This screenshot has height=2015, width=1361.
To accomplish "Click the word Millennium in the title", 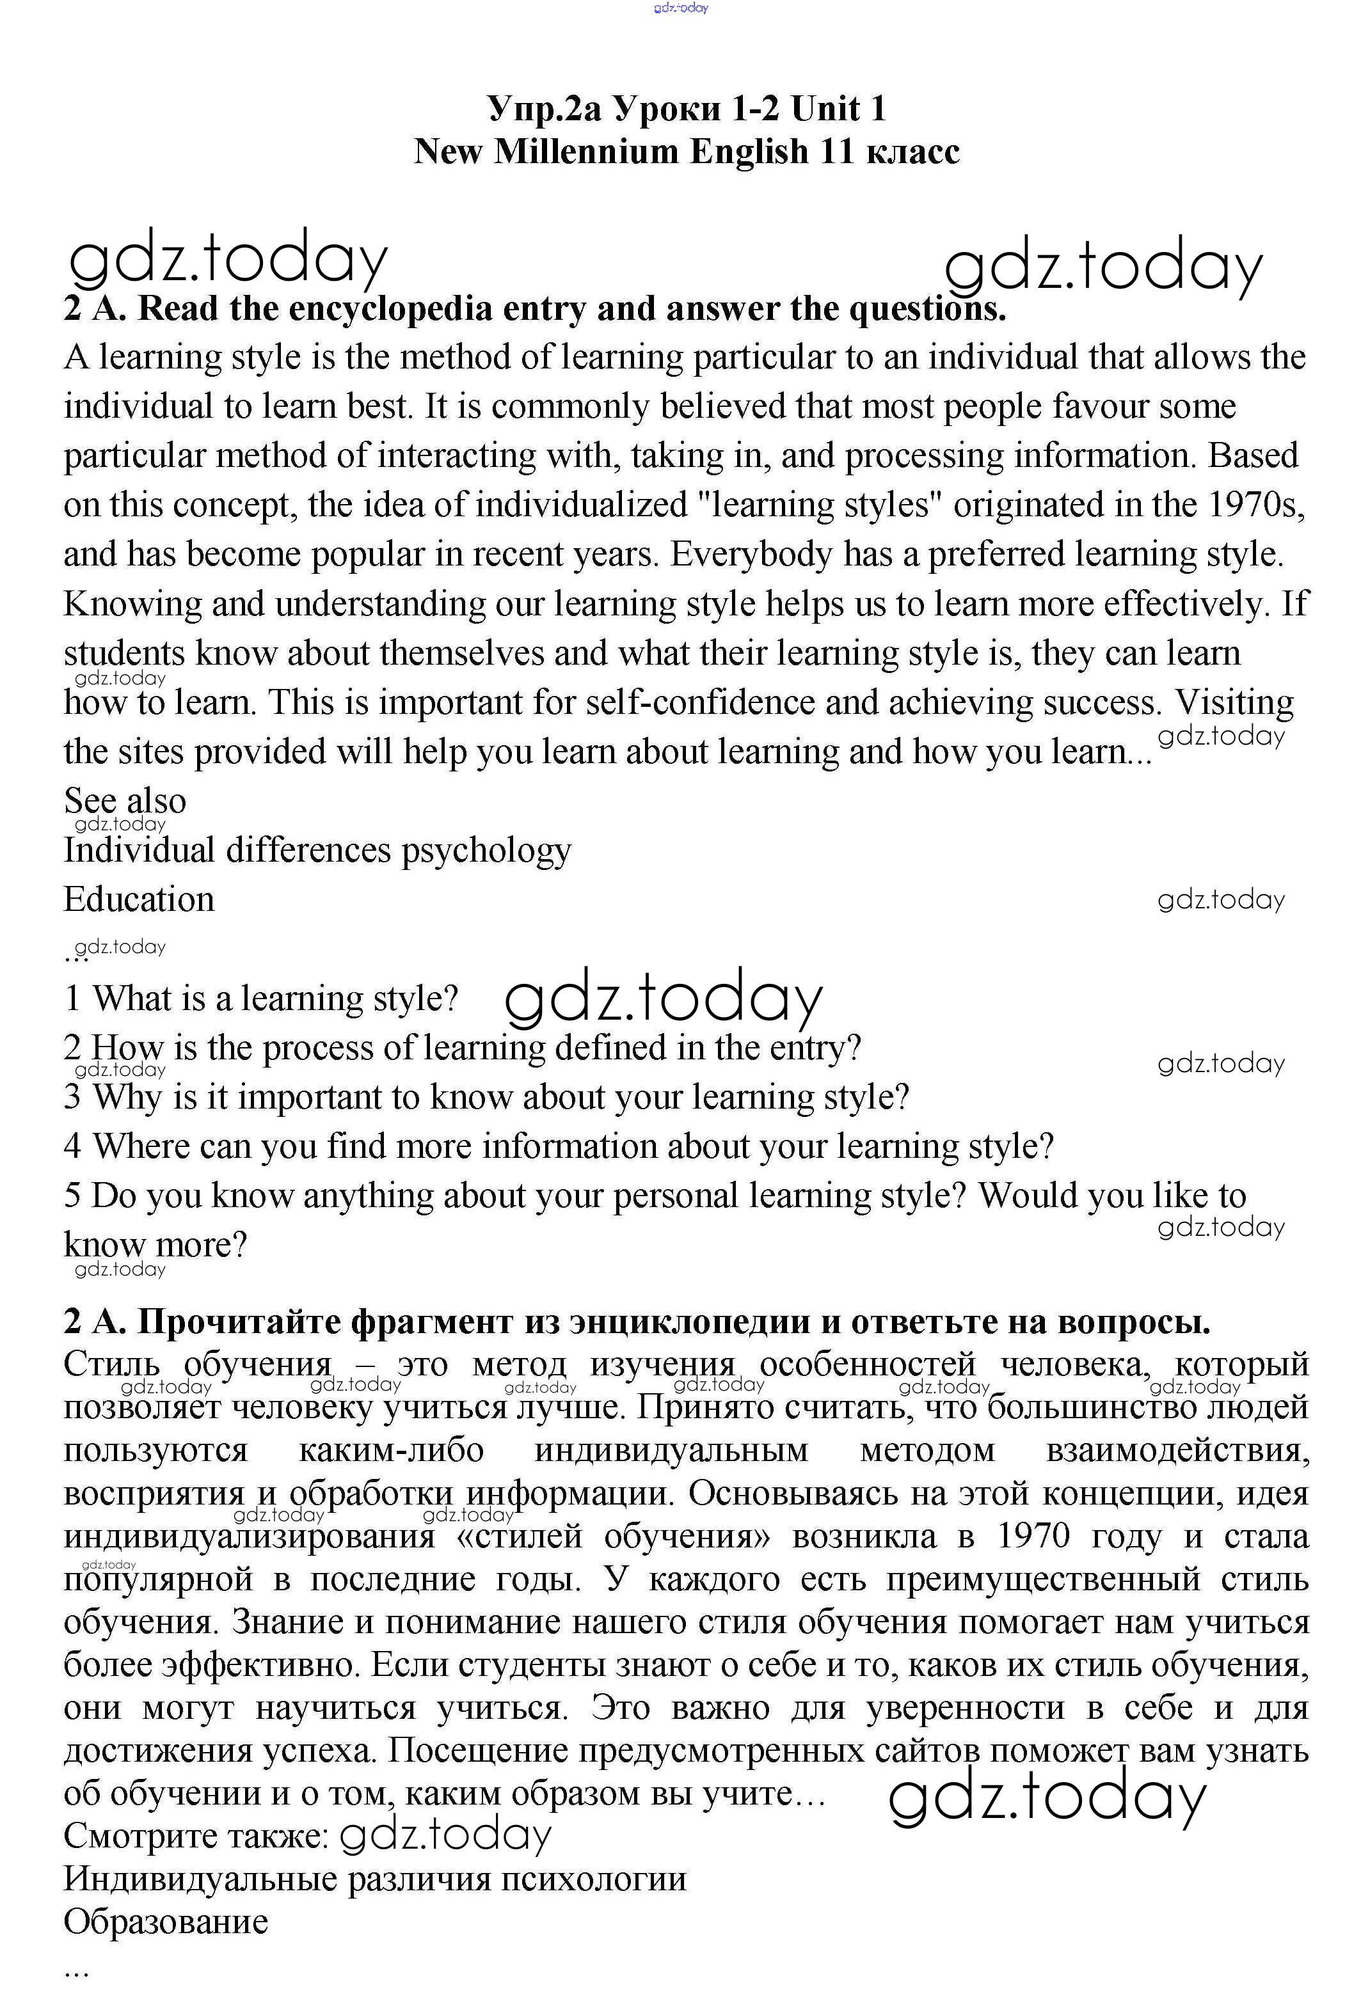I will (585, 152).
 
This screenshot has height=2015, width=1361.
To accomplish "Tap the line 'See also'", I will (125, 800).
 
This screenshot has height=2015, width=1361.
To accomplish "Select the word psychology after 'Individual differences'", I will (486, 851).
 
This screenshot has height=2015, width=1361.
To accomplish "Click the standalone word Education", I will (139, 899).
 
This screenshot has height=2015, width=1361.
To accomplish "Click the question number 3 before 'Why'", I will (72, 1097).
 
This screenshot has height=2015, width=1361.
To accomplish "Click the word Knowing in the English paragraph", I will (132, 603).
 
